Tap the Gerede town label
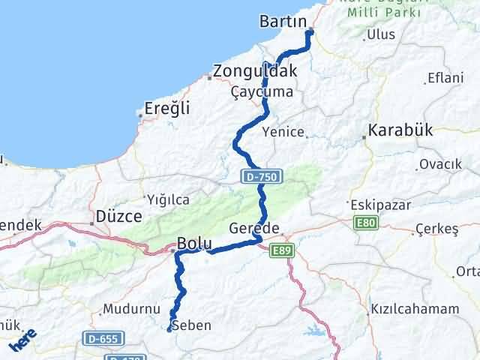tap(255, 228)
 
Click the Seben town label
tap(191, 325)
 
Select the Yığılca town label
tap(169, 199)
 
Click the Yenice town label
tap(283, 132)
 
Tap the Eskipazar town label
tap(378, 204)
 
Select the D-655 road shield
tap(101, 338)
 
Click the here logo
tap(22, 341)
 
